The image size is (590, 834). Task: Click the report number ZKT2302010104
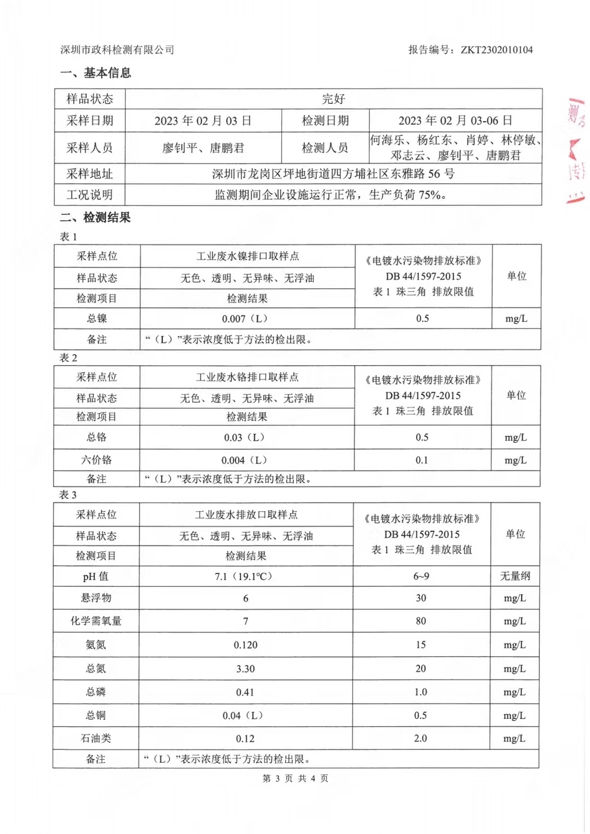[x=496, y=50]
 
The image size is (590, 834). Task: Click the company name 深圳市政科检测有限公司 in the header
[x=117, y=50]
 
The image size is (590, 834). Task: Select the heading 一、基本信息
[x=96, y=73]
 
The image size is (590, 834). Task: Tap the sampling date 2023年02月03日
[x=203, y=120]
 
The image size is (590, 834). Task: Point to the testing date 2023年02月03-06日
[x=455, y=120]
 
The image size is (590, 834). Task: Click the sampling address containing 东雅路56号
[x=333, y=173]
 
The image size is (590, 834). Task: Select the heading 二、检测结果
[x=96, y=217]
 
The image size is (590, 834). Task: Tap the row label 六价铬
[x=96, y=460]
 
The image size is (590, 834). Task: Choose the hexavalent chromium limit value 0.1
[x=422, y=460]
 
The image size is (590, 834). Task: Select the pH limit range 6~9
[x=421, y=576]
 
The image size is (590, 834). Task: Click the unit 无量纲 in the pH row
[x=515, y=576]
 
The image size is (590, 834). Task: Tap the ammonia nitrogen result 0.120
[x=245, y=645]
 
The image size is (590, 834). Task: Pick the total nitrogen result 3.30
[x=245, y=669]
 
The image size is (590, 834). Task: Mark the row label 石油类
[x=96, y=738]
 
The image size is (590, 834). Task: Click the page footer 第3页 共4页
[x=295, y=778]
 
